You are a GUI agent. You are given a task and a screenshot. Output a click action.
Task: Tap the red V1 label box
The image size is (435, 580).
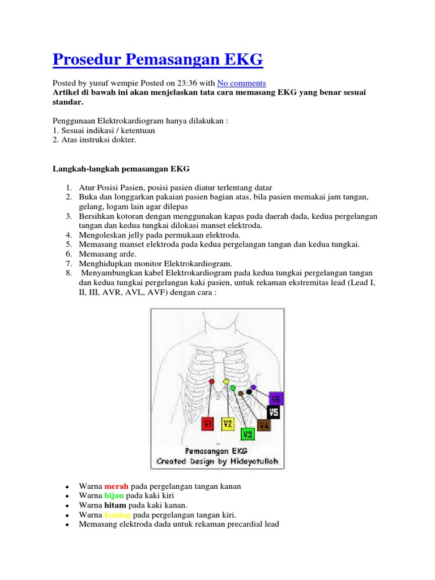(208, 424)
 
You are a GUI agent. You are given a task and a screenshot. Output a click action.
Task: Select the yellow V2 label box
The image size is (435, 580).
(227, 424)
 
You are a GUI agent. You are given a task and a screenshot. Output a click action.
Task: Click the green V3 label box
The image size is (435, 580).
(247, 434)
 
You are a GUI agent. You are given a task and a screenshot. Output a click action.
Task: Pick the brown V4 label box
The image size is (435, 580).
(264, 424)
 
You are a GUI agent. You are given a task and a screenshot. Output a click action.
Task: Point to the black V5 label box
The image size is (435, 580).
(274, 412)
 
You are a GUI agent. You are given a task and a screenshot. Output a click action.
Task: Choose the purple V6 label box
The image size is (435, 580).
(275, 398)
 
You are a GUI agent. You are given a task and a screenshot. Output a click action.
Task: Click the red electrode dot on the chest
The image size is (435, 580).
(212, 382)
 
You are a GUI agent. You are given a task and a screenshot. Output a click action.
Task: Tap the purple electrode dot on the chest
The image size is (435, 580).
(253, 387)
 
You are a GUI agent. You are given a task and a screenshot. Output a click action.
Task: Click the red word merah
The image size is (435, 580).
(116, 486)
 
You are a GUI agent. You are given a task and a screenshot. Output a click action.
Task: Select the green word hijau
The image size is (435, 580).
(114, 495)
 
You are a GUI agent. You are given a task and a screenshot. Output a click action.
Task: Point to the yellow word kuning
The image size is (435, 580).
(117, 514)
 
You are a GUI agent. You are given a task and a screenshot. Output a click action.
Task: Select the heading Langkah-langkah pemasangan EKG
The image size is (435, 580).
(121, 169)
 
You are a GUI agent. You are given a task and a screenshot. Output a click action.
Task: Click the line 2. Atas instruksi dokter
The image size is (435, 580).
(95, 139)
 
